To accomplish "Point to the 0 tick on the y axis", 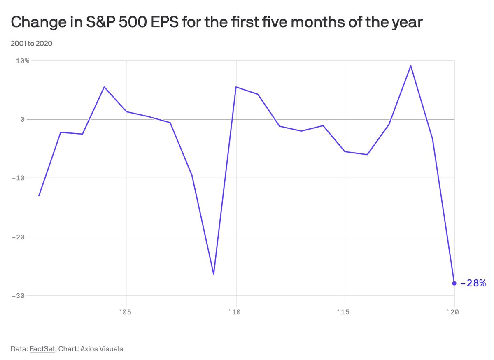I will pyautogui.click(x=23, y=119).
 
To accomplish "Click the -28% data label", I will pyautogui.click(x=473, y=283).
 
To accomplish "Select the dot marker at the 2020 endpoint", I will pyautogui.click(x=454, y=283).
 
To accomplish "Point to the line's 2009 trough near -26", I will pyautogui.click(x=214, y=274).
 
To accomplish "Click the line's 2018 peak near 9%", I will pyautogui.click(x=410, y=66).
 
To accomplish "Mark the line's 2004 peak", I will pyautogui.click(x=105, y=87).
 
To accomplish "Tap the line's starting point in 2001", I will pyautogui.click(x=39, y=195).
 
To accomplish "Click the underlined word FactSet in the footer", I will pyautogui.click(x=42, y=349).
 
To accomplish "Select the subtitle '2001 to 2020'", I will pyautogui.click(x=31, y=43).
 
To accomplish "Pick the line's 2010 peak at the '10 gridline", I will pyautogui.click(x=236, y=87).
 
